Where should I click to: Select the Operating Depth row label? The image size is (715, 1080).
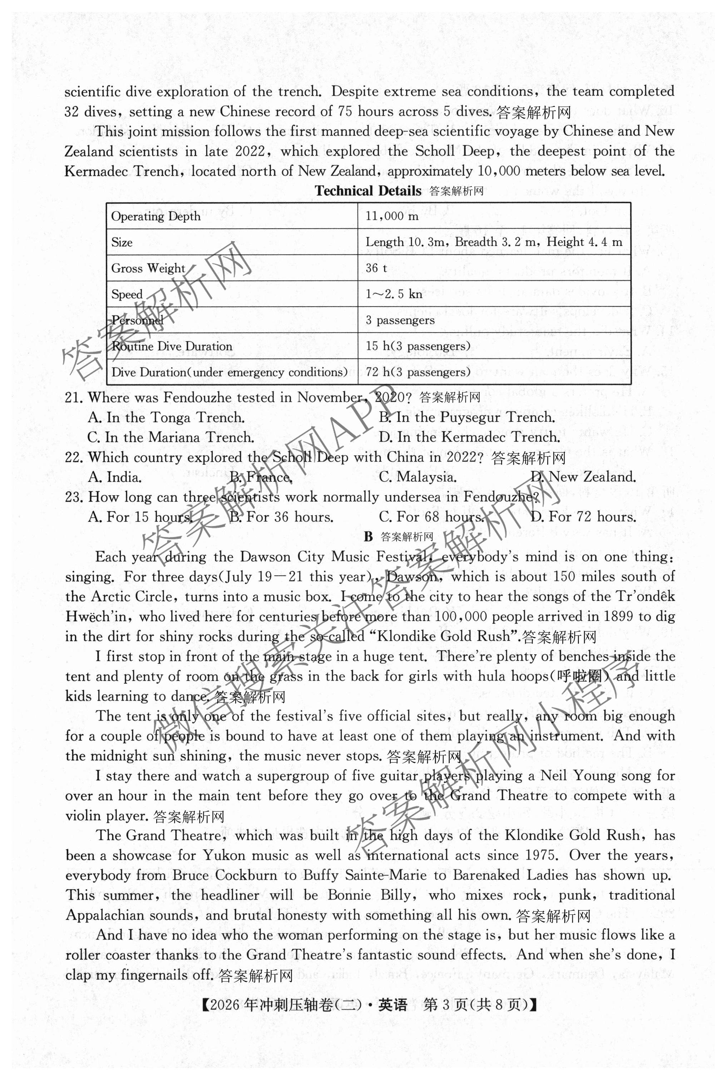click(x=156, y=216)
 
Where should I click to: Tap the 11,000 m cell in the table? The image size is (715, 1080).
click(x=392, y=216)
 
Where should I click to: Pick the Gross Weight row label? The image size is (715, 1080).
click(x=148, y=268)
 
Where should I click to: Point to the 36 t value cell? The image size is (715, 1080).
click(x=376, y=268)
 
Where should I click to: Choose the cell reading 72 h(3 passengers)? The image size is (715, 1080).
click(x=418, y=372)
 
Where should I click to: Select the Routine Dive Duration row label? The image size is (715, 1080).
click(x=172, y=346)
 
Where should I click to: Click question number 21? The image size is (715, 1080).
click(x=73, y=398)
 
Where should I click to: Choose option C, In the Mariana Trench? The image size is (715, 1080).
click(x=171, y=437)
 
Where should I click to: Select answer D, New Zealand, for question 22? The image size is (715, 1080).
click(x=583, y=477)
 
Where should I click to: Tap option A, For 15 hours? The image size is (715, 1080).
click(x=139, y=517)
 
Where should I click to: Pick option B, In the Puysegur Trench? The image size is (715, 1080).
click(x=467, y=417)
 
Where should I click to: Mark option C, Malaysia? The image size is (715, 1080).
click(x=418, y=477)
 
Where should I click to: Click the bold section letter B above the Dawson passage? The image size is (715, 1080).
click(x=369, y=537)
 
